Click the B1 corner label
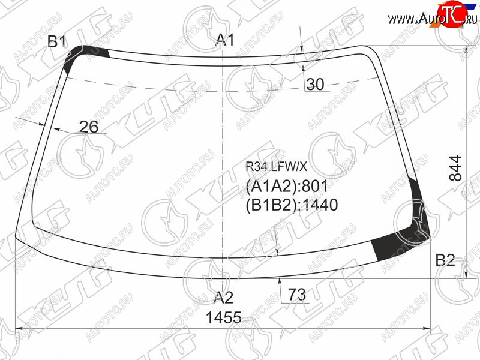tap(57, 41)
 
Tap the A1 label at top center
tap(225, 40)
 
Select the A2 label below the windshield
tap(223, 297)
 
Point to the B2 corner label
tap(445, 260)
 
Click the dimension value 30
tap(316, 84)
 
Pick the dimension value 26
tap(89, 127)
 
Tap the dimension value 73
tap(297, 295)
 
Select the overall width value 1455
tap(224, 317)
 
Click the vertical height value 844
tap(455, 168)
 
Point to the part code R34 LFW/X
tap(276, 167)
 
